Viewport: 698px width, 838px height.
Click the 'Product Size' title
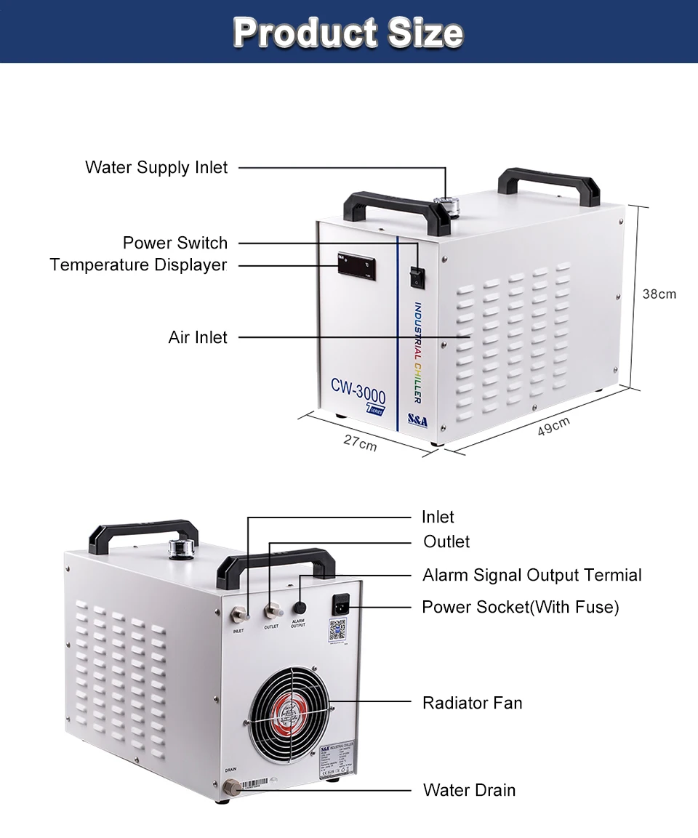348,33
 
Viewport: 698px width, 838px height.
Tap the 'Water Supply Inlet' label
156,168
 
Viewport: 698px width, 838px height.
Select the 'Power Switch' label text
174,243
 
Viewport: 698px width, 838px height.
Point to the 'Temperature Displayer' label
139,265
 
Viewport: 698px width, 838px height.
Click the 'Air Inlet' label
198,337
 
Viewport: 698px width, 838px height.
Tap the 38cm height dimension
659,294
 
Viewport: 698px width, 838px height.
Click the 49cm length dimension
554,427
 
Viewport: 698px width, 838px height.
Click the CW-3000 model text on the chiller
358,386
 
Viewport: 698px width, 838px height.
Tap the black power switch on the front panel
417,275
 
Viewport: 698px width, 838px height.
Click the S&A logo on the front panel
417,421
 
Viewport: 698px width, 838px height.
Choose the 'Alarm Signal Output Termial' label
531,576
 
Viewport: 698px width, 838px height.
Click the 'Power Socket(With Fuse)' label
520,607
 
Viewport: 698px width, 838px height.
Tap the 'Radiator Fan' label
472,703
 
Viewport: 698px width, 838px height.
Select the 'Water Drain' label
469,790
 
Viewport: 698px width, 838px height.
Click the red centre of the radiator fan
290,712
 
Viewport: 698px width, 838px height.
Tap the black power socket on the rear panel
339,605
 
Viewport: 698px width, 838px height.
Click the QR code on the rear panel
337,629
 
